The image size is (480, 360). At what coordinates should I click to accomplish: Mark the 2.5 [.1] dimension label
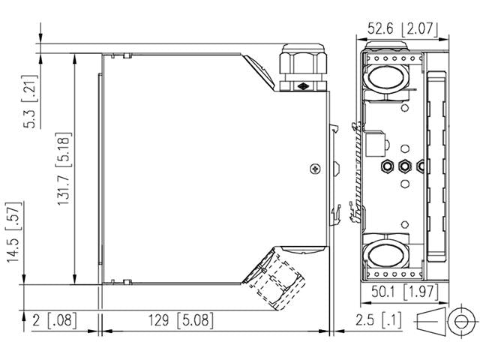click(378, 320)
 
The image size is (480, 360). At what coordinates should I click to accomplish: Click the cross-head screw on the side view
click(315, 169)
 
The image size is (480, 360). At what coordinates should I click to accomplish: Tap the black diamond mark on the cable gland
click(303, 86)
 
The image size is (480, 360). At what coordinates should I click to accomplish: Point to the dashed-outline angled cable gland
click(279, 281)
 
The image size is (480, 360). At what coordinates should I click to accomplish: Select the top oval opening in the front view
click(386, 78)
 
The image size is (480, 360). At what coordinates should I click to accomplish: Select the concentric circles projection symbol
click(458, 320)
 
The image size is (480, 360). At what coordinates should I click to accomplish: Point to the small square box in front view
click(379, 139)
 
